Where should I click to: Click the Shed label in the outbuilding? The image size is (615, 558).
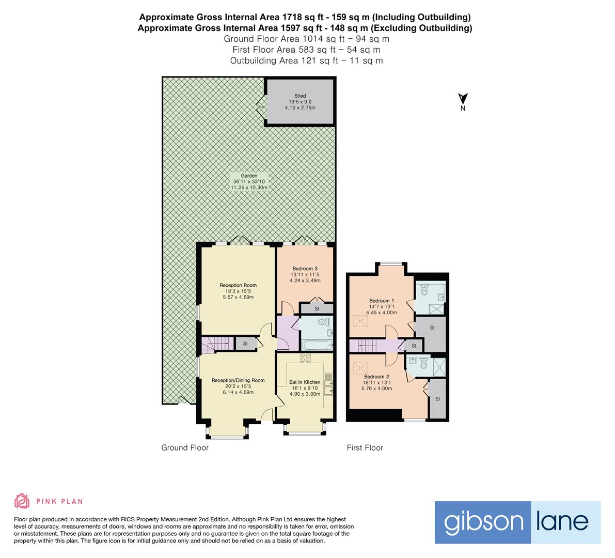(300, 96)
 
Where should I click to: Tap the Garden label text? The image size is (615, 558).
(249, 176)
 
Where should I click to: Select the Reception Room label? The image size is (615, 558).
(238, 285)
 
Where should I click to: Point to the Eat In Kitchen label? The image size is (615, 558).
(305, 382)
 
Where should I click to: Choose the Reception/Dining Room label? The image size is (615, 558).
(238, 380)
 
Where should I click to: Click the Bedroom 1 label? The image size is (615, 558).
(382, 301)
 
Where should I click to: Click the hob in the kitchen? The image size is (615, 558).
(305, 358)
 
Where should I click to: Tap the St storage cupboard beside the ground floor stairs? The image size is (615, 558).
(246, 344)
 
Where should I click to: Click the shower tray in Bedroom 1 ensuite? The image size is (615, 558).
(437, 308)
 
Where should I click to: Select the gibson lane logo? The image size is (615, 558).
(517, 522)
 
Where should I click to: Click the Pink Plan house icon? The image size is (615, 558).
(22, 501)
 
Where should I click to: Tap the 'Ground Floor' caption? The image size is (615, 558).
(185, 447)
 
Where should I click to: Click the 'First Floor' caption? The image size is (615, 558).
(365, 447)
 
